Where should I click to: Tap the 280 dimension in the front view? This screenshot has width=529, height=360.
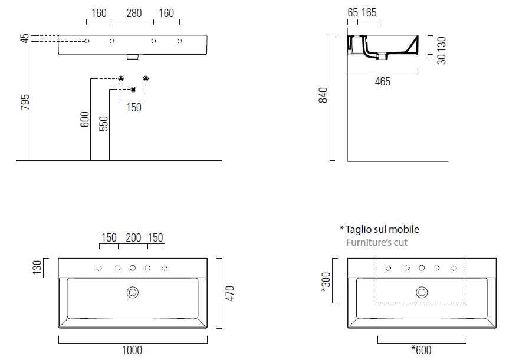134,13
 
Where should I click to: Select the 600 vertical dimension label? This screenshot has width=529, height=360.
84,120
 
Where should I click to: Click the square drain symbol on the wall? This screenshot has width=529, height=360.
133,90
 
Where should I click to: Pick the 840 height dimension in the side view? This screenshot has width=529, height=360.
323,95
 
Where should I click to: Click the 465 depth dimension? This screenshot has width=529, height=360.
382,82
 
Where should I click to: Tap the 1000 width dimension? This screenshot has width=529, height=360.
132,351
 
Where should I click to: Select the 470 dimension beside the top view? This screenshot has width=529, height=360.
230,293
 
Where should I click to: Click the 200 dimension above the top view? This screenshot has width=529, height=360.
133,238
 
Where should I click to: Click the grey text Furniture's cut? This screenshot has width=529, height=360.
376,242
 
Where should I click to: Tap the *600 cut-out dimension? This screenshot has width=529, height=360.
421,351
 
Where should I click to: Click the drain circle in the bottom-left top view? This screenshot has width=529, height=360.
133,292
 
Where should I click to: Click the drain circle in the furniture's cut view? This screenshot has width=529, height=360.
422,292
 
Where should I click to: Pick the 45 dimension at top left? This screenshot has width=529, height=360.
24,39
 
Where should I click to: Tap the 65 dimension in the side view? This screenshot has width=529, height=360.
353,13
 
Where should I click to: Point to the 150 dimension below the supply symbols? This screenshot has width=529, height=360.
134,108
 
